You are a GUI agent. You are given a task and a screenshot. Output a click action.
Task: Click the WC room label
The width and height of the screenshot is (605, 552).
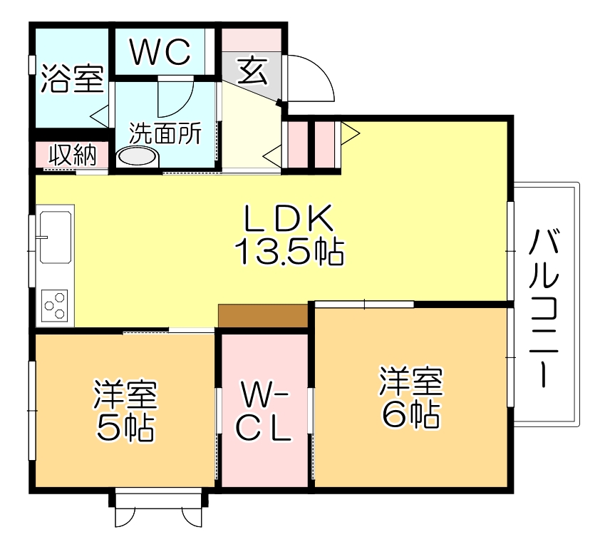coord(161,51)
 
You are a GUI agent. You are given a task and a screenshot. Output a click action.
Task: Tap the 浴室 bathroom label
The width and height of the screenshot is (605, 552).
coord(72,79)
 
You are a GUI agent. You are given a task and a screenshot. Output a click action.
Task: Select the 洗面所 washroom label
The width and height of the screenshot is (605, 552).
coord(165,133)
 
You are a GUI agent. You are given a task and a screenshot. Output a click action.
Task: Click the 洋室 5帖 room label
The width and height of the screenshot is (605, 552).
coord(125,410)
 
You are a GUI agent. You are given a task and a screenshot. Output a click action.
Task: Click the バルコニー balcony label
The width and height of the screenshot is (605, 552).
coord(544,306)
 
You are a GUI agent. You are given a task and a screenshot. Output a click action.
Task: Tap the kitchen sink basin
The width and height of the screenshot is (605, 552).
coord(56,235)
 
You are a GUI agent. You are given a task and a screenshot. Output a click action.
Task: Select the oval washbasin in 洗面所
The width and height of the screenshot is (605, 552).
coord(135,156)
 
